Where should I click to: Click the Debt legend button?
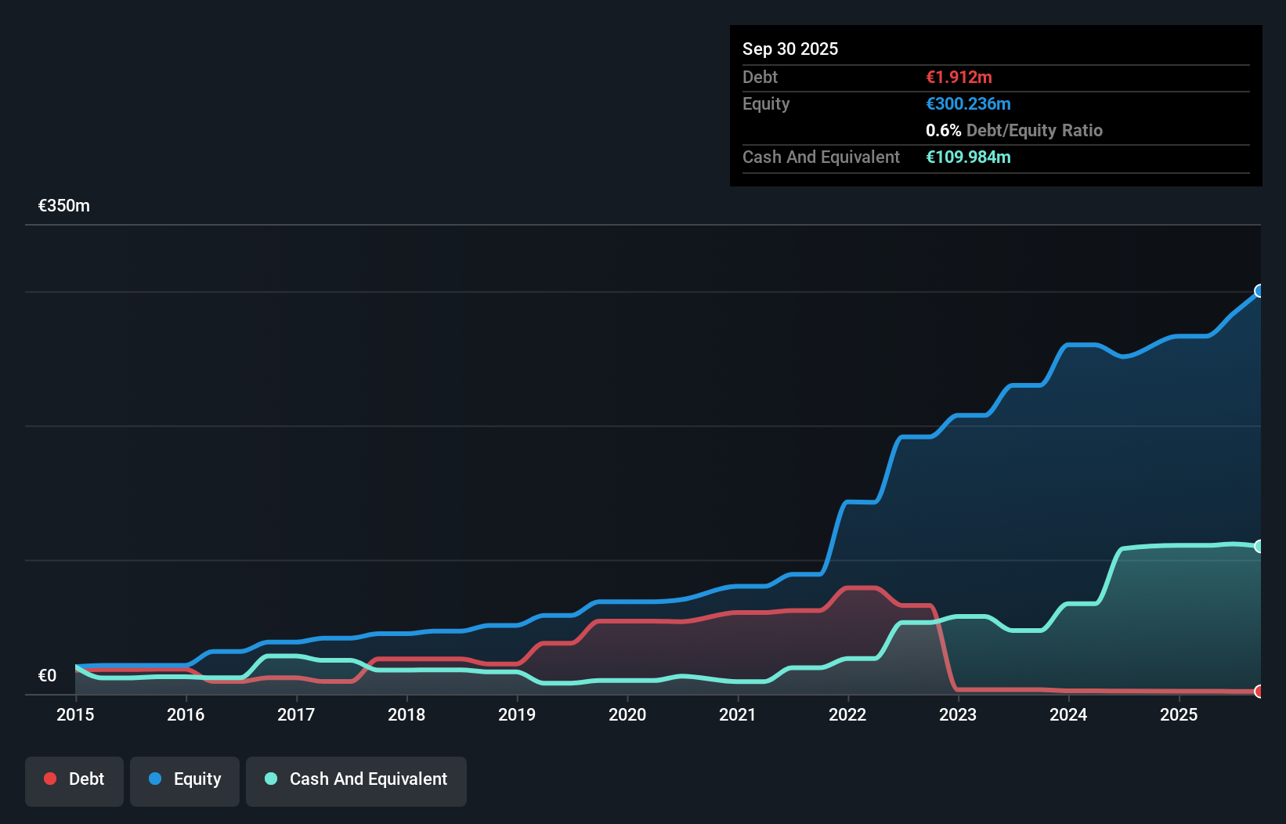click(74, 779)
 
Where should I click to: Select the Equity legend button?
click(185, 779)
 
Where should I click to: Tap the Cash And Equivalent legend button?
click(356, 779)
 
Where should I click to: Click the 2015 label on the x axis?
click(75, 714)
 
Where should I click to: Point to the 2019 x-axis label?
click(517, 714)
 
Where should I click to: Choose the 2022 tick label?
click(847, 714)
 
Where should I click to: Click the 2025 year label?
click(1179, 714)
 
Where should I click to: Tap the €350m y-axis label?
click(64, 206)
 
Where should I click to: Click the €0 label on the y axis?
click(47, 676)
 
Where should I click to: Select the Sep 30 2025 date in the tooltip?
click(790, 49)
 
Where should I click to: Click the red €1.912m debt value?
click(959, 78)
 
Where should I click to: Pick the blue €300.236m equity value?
click(968, 104)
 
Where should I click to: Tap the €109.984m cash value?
click(968, 157)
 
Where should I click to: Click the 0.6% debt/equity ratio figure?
click(943, 131)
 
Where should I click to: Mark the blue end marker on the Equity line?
click(1259, 291)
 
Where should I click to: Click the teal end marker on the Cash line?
click(1259, 547)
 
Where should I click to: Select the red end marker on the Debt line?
click(1259, 691)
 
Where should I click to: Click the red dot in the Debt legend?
click(50, 779)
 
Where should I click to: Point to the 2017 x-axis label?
click(296, 714)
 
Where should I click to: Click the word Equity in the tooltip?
click(766, 104)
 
